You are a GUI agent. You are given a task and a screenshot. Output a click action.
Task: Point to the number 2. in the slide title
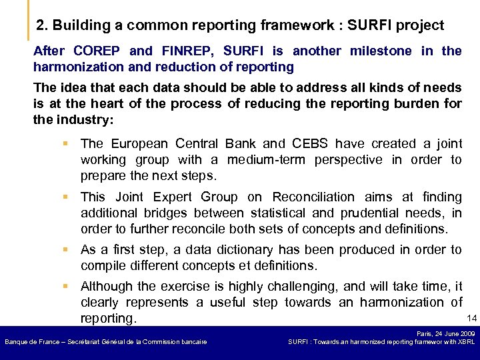point(42,26)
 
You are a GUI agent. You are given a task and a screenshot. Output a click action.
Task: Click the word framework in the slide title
point(293,26)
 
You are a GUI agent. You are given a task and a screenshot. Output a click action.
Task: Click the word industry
point(83,120)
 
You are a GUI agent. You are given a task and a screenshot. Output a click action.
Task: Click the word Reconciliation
point(313,197)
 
